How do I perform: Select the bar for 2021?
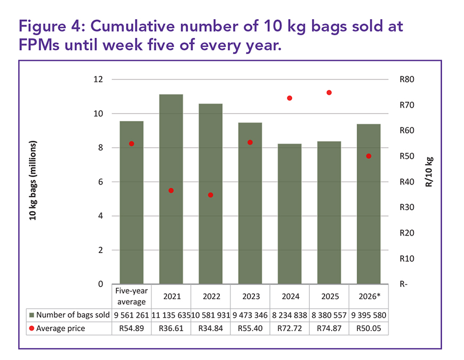[171, 189]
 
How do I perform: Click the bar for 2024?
[290, 213]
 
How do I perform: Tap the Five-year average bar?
[131, 202]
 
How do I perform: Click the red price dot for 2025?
[329, 93]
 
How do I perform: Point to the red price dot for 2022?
[211, 195]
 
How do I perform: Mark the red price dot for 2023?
[250, 142]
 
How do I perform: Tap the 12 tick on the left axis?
[98, 79]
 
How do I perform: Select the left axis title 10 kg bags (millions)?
[33, 181]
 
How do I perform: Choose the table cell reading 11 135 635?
[171, 315]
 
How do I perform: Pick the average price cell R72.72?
[290, 329]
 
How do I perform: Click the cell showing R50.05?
[369, 329]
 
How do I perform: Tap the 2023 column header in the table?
[250, 295]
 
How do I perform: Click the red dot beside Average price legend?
[32, 329]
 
